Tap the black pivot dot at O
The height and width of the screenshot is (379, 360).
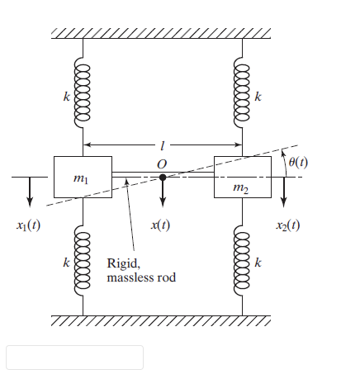(163, 177)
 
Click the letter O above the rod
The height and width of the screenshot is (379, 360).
(162, 163)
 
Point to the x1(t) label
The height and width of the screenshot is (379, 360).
(30, 225)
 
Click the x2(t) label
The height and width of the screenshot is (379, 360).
(286, 225)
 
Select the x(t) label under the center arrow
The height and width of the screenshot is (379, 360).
(163, 225)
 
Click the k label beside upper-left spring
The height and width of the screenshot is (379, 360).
(67, 97)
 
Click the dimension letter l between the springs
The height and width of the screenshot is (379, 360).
(162, 145)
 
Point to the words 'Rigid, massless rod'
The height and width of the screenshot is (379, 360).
(141, 271)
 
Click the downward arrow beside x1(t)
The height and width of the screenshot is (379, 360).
(30, 192)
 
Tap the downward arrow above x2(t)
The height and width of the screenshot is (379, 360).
(286, 192)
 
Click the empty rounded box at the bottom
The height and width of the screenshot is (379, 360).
(74, 357)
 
